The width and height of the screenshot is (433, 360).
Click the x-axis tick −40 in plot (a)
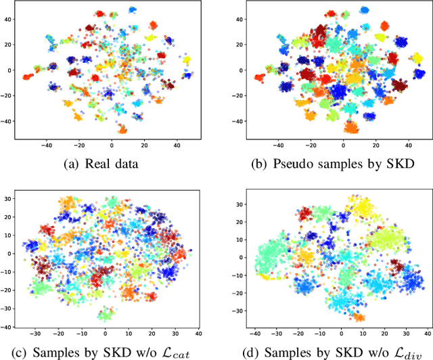coord(47,144)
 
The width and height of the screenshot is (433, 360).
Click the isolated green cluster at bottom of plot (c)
coord(105,314)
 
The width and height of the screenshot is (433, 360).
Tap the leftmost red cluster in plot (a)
coord(28,76)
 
